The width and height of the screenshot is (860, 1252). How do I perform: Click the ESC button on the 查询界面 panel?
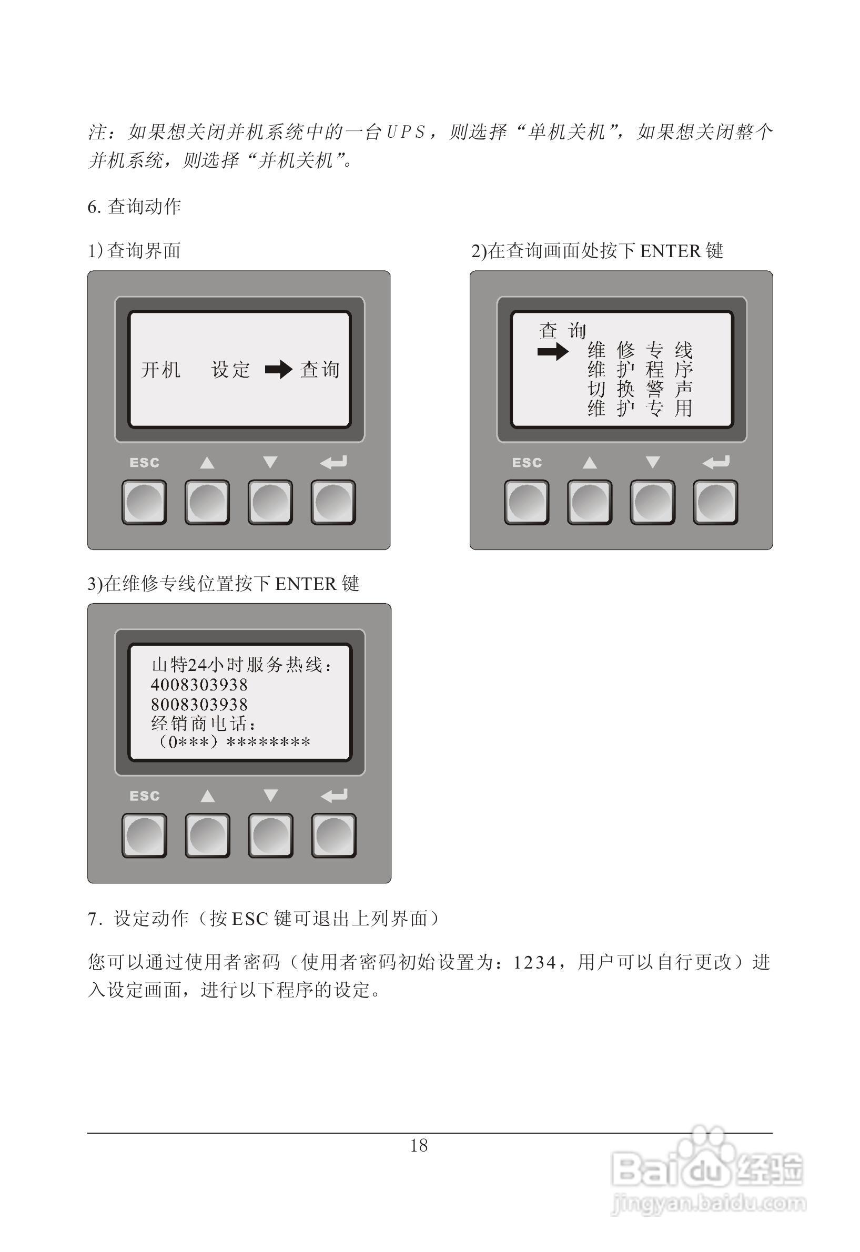(x=144, y=502)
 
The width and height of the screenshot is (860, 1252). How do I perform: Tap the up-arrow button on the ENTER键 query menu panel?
(x=590, y=502)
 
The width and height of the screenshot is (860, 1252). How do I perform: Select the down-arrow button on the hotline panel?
(x=270, y=836)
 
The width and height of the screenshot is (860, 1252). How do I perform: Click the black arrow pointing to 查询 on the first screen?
(x=279, y=370)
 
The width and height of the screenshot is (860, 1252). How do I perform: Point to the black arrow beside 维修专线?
(x=553, y=352)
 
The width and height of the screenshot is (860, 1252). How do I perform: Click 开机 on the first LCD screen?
(x=160, y=370)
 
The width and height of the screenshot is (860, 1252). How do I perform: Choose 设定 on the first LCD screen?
(x=230, y=370)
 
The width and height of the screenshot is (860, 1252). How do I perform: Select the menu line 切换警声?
(x=640, y=389)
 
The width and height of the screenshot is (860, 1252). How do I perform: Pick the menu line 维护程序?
(x=640, y=370)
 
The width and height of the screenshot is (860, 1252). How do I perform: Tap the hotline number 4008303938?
(x=199, y=685)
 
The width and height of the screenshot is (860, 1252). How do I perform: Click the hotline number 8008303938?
(x=199, y=705)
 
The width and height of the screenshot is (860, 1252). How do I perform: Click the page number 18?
(x=419, y=1146)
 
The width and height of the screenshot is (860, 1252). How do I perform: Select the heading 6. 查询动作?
(x=134, y=206)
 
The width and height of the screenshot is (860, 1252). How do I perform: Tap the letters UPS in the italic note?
(x=406, y=132)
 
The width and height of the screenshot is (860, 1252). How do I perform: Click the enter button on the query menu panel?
(x=715, y=502)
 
